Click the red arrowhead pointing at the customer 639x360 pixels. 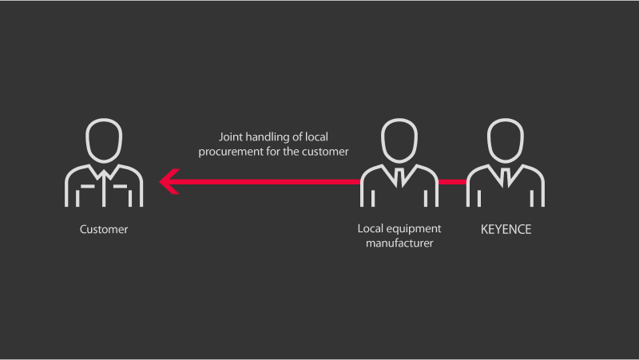coord(169,182)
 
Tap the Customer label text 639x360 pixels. coord(104,229)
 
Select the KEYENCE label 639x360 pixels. coord(506,230)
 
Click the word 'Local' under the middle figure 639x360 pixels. coord(371,228)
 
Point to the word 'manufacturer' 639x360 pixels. coord(399,243)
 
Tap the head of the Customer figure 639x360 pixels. coord(104,140)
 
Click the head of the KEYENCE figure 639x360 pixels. coord(506,140)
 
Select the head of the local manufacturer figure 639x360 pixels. coord(399,140)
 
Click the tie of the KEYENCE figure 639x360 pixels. coord(506,177)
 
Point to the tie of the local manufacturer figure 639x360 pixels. coord(400,177)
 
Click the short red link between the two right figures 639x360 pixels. coord(452,182)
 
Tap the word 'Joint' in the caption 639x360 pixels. coord(231,137)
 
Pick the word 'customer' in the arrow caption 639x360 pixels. coord(326,152)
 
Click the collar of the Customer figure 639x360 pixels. coord(104,172)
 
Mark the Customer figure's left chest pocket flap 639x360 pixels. coord(88,187)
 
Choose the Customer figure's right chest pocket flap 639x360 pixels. coord(121,187)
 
